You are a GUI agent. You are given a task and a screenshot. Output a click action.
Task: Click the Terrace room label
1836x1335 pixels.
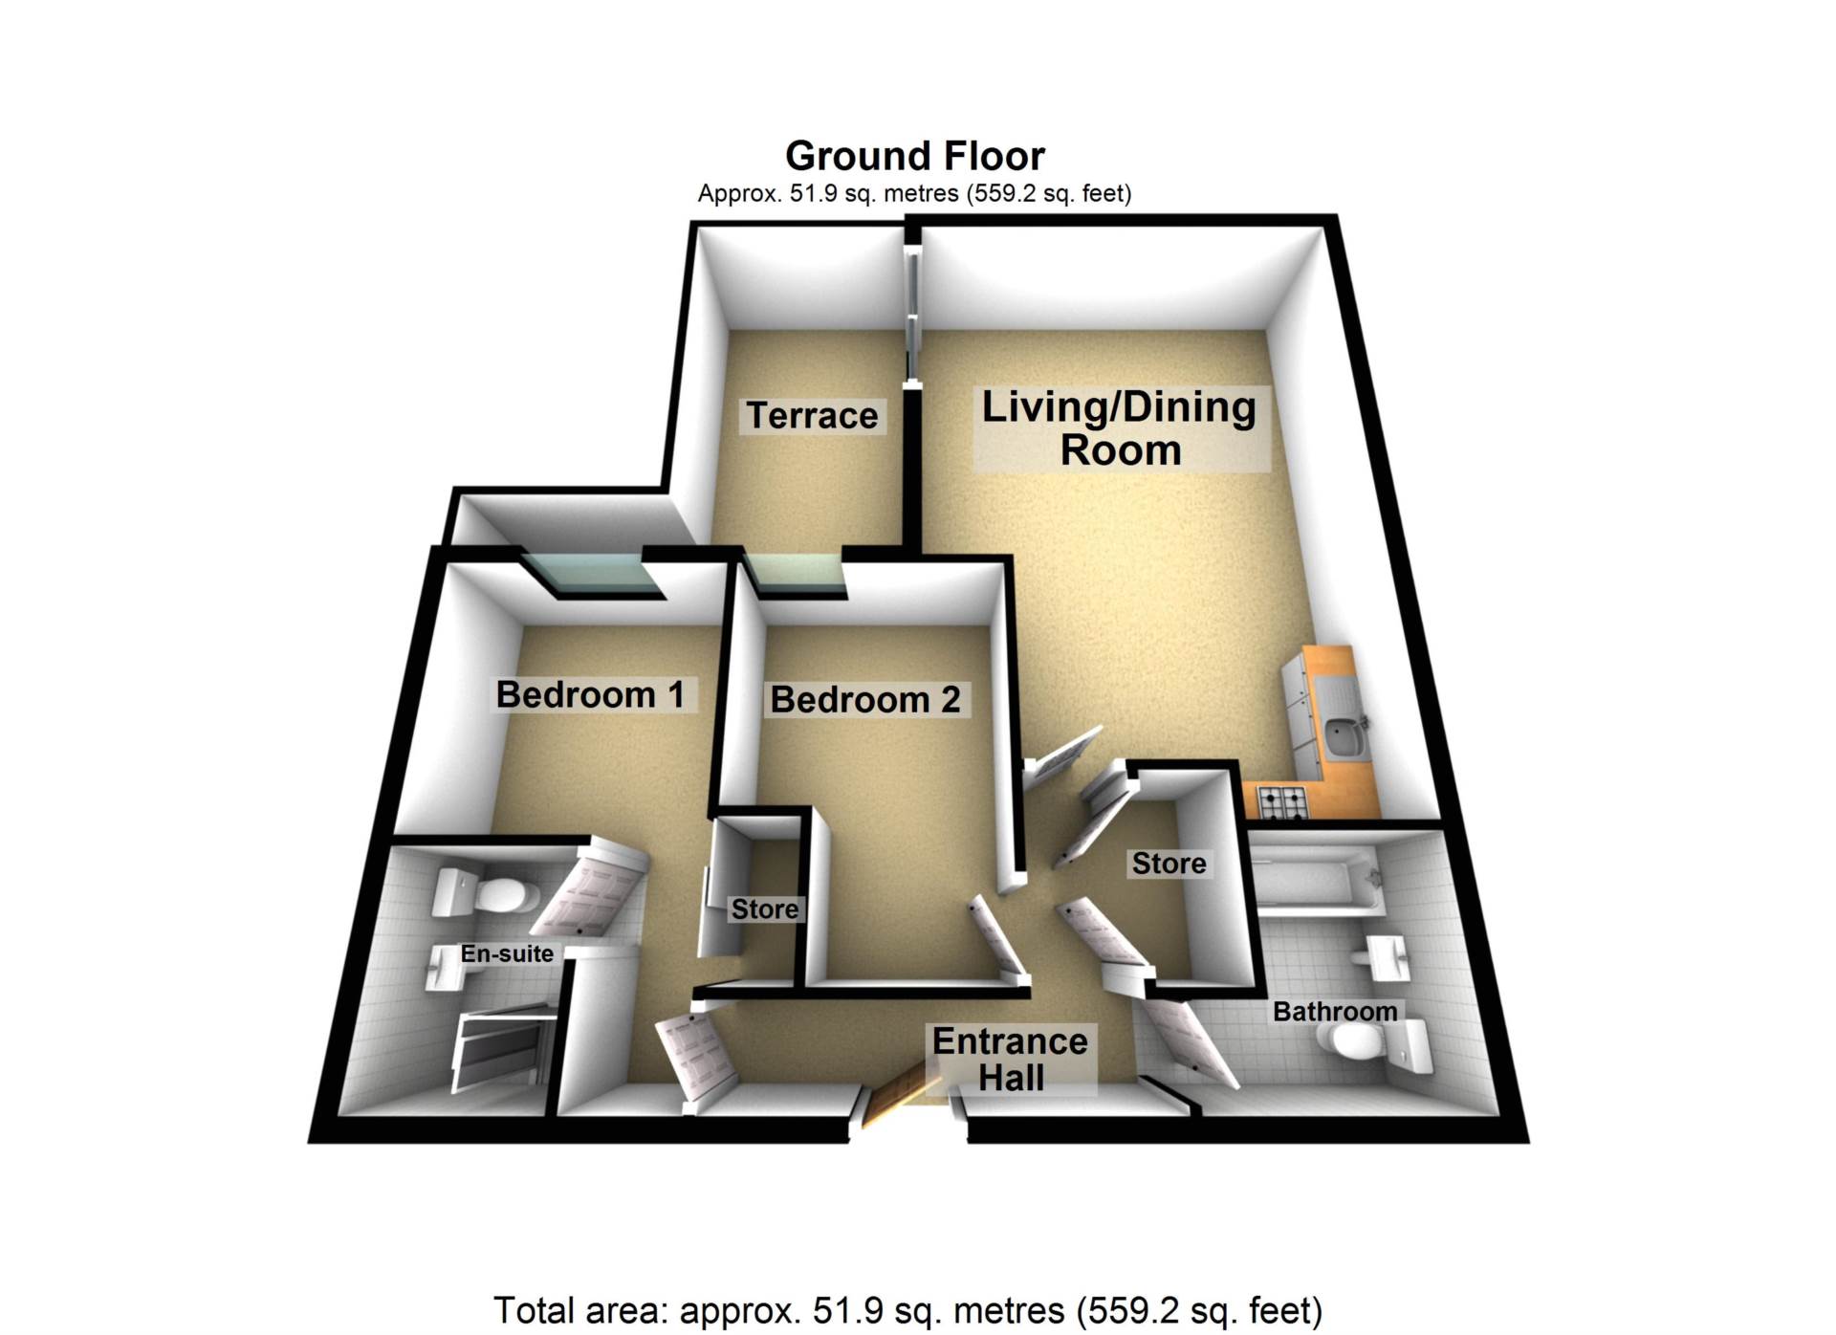[812, 416]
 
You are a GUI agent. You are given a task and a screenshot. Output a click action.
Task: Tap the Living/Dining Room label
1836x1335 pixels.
[1120, 428]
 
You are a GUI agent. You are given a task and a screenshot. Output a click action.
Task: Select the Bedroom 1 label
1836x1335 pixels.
[590, 694]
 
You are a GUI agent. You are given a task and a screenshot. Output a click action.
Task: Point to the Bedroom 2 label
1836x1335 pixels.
[865, 700]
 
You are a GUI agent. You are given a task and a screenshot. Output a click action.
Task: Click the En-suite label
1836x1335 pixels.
[507, 953]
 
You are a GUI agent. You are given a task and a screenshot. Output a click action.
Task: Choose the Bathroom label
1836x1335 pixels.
[1335, 1012]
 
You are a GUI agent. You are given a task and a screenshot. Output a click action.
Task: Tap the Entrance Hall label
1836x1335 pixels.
[1011, 1060]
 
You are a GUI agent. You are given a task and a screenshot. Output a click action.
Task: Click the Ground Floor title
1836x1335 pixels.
[915, 156]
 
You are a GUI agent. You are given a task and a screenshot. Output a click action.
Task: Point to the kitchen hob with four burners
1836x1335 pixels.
[1281, 802]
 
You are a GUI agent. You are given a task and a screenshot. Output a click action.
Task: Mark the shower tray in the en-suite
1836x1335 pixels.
[502, 1052]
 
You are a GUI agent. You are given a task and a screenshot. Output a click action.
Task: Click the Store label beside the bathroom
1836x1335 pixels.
[1169, 864]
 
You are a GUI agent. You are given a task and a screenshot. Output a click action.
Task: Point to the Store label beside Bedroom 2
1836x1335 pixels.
[764, 908]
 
